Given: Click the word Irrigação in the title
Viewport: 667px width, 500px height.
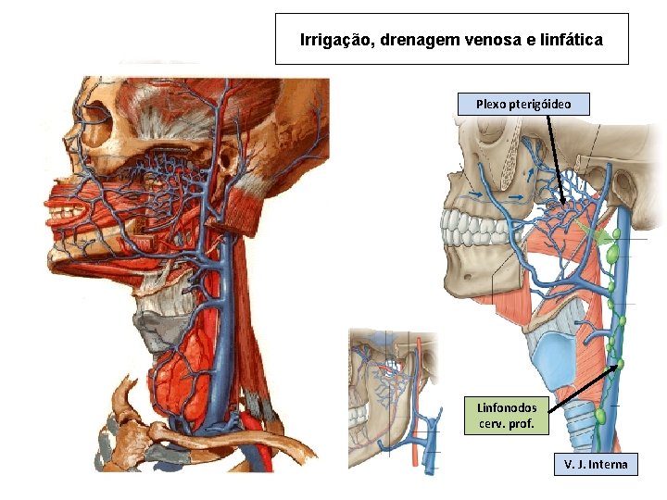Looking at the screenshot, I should click(x=329, y=40).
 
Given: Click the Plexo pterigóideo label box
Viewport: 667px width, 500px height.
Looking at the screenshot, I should click(x=523, y=104).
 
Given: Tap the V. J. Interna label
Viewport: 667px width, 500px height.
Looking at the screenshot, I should click(x=596, y=464).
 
